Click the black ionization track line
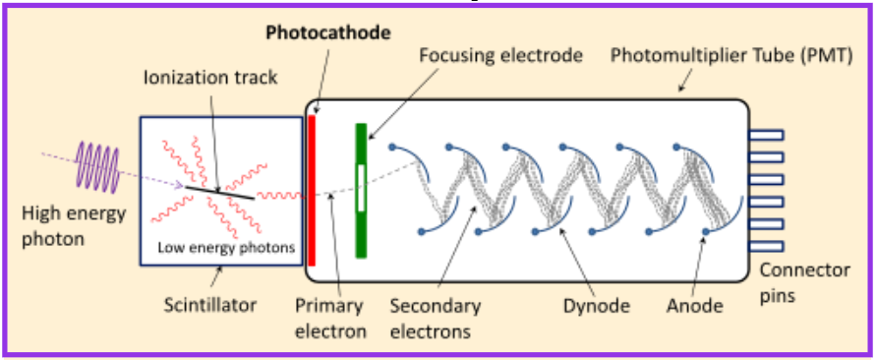coord(222,189)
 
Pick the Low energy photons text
coord(225,248)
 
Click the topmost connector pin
coord(765,135)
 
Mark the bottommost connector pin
coord(765,245)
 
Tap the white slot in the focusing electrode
coord(361,188)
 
